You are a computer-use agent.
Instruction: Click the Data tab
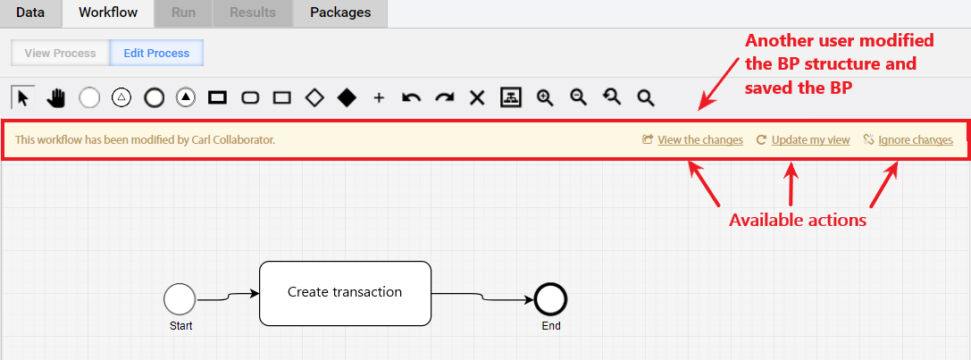[x=30, y=13]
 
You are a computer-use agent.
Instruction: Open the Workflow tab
[x=108, y=13]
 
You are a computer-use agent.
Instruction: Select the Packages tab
[x=340, y=13]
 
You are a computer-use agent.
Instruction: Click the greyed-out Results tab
[x=252, y=13]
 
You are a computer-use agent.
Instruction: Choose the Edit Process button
[x=156, y=54]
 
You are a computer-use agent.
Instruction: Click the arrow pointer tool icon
[x=23, y=98]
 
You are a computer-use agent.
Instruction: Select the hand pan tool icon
[x=56, y=98]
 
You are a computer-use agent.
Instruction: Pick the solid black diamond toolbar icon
[x=347, y=98]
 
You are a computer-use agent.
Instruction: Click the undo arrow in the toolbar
[x=412, y=98]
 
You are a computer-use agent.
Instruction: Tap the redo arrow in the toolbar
[x=444, y=98]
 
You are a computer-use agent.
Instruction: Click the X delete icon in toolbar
[x=476, y=98]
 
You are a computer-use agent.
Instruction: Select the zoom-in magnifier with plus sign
[x=545, y=98]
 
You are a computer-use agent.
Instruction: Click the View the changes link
[x=699, y=140]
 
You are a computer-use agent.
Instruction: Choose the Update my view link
[x=810, y=140]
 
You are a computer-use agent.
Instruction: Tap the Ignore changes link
[x=916, y=140]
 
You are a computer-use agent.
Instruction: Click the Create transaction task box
[x=345, y=293]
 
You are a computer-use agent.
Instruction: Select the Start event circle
[x=180, y=300]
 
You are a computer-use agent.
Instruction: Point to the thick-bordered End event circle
[x=551, y=300]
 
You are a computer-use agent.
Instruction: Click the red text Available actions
[x=797, y=220]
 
